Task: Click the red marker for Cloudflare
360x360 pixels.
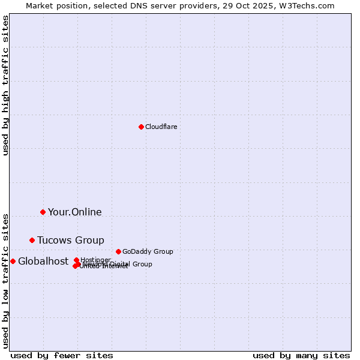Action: (141, 127)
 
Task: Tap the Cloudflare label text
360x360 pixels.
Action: (161, 127)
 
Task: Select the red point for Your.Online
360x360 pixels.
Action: (43, 212)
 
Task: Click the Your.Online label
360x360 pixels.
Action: (74, 212)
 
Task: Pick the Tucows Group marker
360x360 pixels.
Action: (32, 240)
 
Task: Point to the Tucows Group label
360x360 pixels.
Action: (70, 240)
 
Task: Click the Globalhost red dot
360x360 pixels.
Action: (13, 261)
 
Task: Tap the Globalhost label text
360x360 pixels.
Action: (43, 261)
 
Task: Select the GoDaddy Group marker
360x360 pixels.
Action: (118, 251)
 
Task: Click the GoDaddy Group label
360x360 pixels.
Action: (147, 251)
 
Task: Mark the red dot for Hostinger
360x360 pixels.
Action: (76, 260)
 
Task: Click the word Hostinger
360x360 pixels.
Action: (95, 260)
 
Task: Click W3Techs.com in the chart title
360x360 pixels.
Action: (309, 6)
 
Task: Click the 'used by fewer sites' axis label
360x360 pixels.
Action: (62, 355)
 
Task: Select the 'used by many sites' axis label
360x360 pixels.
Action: (301, 355)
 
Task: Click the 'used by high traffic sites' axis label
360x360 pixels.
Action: (6, 85)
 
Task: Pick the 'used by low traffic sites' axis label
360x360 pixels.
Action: (6, 280)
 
